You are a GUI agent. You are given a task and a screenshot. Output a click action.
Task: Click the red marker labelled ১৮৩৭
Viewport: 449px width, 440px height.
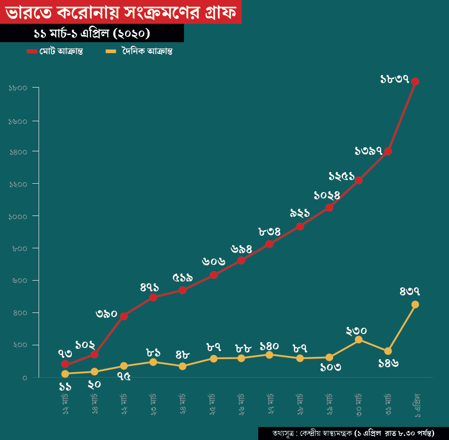(415, 82)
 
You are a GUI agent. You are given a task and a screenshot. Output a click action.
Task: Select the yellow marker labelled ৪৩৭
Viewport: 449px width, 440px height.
(415, 304)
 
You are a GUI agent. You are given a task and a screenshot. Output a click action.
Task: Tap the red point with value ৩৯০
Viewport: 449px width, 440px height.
(124, 316)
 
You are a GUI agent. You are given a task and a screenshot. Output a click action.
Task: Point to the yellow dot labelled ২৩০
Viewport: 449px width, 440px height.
(359, 339)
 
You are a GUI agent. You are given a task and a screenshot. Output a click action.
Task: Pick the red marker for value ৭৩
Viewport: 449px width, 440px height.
(65, 364)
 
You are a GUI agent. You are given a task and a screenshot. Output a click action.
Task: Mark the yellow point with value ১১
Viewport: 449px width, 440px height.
(65, 374)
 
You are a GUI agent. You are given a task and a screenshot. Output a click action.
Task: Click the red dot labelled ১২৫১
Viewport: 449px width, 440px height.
(359, 180)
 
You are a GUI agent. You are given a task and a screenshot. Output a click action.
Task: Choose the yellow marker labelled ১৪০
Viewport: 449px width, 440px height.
(269, 355)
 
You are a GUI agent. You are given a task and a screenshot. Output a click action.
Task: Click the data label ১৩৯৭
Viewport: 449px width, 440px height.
(368, 151)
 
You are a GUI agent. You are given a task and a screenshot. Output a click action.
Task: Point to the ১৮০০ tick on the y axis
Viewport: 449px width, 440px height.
(18, 88)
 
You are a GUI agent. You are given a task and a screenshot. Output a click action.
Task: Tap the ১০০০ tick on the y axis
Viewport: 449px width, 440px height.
(18, 216)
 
